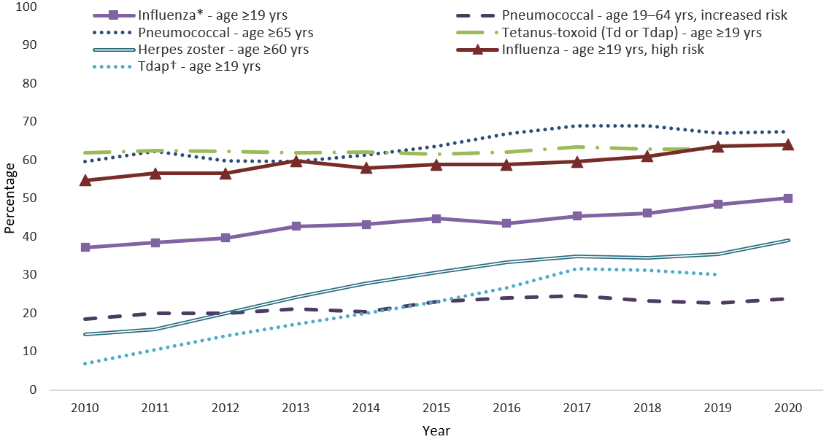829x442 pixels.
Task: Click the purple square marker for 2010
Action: pos(85,247)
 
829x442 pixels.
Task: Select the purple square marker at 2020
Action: pos(788,198)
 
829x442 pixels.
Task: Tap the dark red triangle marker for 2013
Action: pos(296,161)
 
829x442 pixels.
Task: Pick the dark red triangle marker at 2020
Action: pos(788,144)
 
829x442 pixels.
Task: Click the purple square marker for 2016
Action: pos(507,223)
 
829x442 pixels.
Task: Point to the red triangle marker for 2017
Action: pos(577,162)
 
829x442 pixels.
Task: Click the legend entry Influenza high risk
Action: pos(603,50)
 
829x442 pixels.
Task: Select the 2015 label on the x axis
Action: pos(436,407)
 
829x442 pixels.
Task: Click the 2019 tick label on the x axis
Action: pos(717,407)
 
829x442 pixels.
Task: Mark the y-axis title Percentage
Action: pos(9,198)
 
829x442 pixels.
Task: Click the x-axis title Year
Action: pos(436,430)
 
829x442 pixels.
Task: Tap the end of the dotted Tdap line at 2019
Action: pos(717,275)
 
